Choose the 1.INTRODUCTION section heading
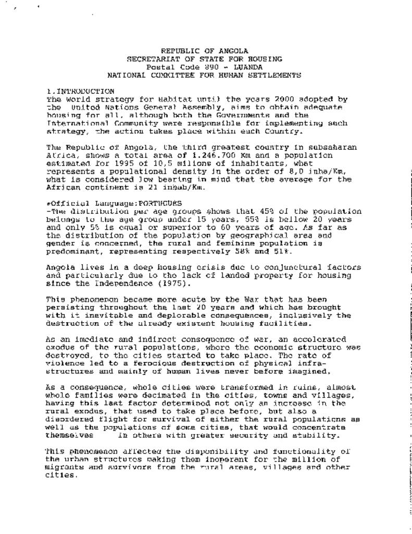[80, 91]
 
